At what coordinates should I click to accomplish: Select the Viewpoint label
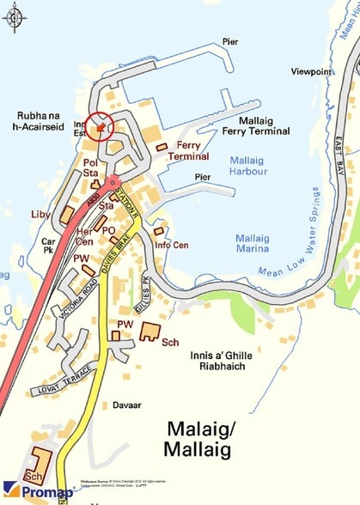[311, 71]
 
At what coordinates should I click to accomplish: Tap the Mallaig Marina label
[259, 243]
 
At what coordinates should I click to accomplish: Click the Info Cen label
[172, 245]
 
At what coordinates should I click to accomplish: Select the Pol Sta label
[69, 167]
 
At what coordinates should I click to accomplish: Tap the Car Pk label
[49, 247]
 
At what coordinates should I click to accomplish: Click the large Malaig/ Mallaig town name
[211, 439]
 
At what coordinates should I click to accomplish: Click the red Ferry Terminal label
[187, 151]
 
